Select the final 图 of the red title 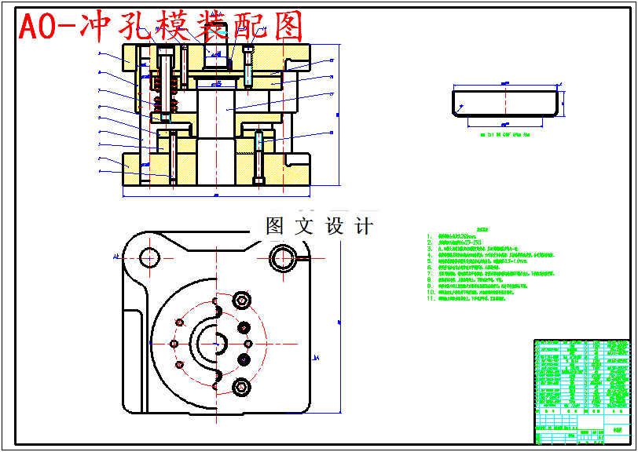[x=287, y=28]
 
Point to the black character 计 [x=364, y=226]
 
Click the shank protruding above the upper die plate [x=214, y=53]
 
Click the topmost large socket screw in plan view [x=241, y=300]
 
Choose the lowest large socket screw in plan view [x=241, y=387]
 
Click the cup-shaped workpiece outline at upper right [x=505, y=103]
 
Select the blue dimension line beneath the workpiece [x=505, y=125]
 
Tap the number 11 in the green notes [x=431, y=298]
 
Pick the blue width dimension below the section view [x=216, y=193]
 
